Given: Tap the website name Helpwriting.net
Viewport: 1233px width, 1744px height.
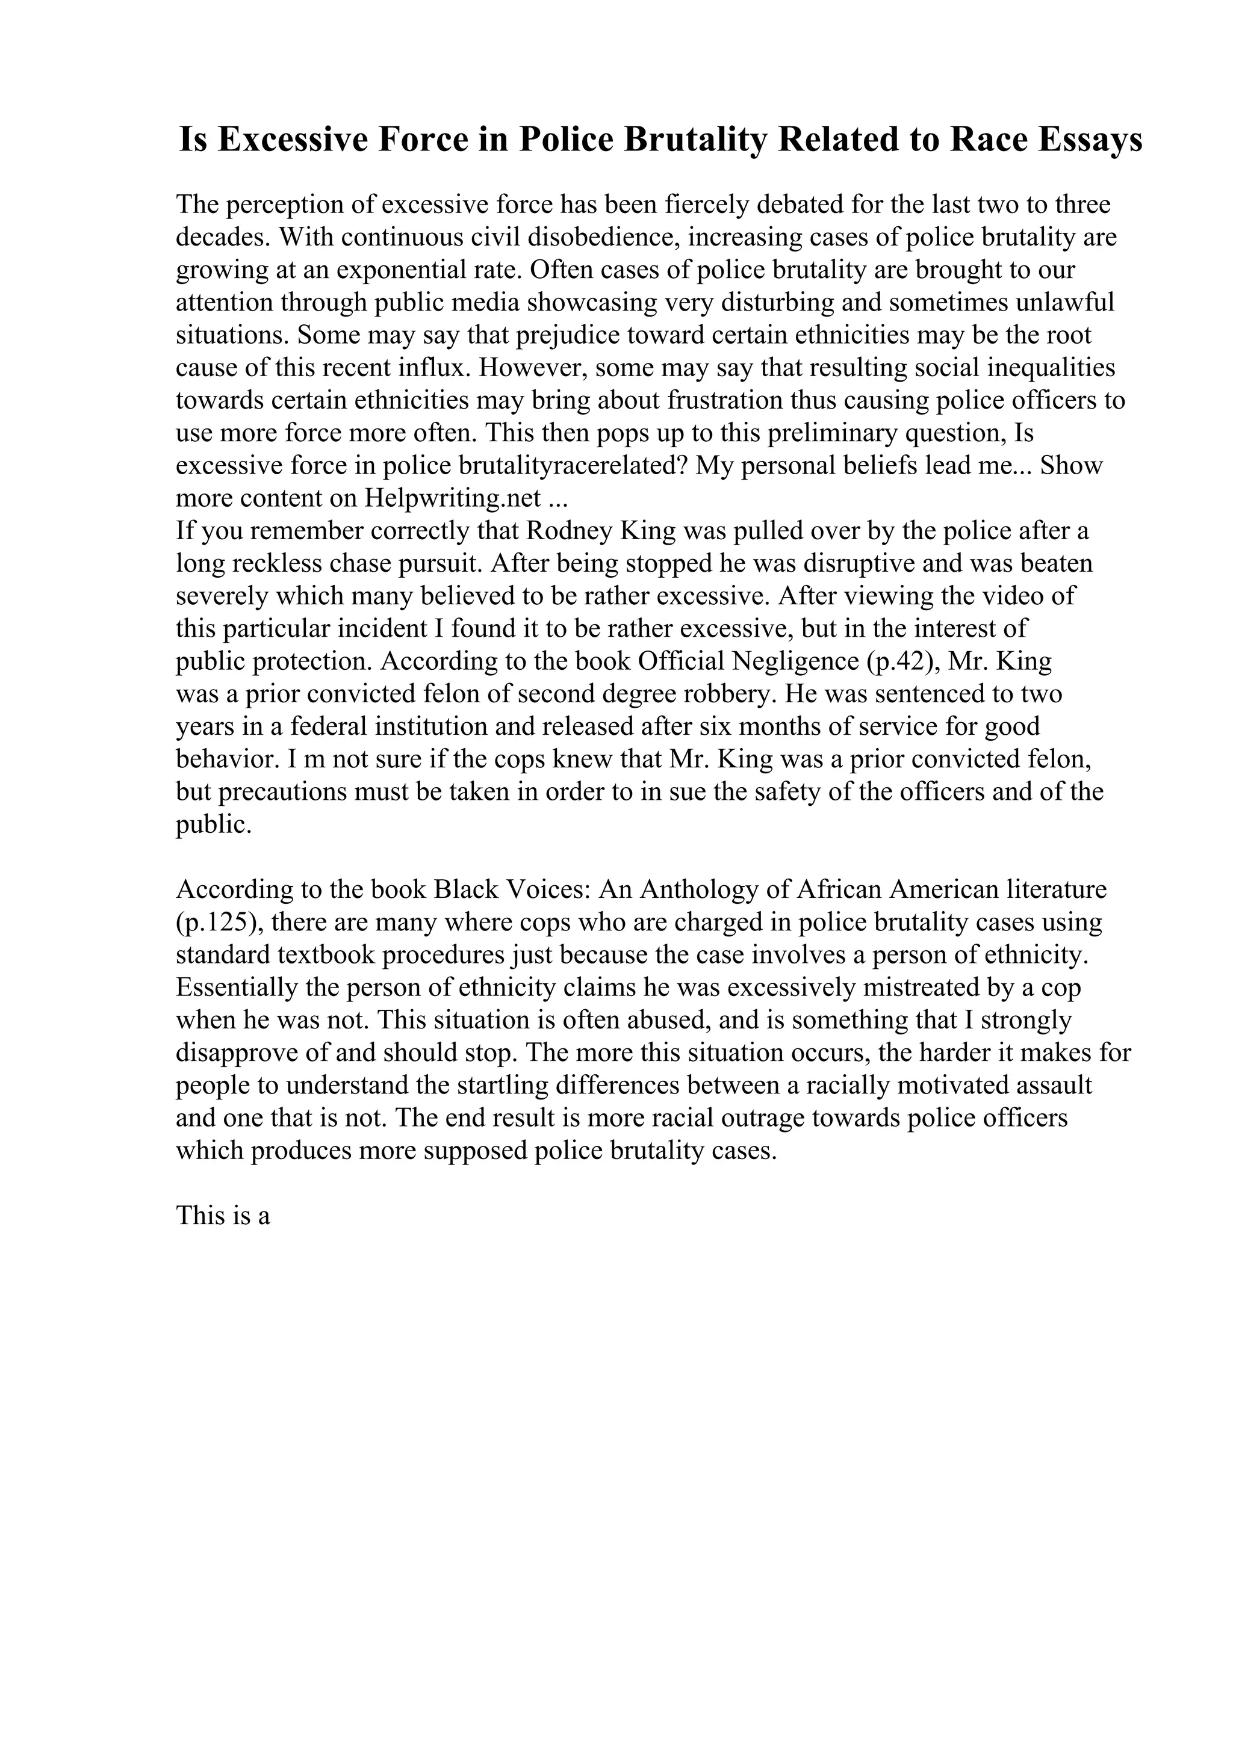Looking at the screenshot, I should pos(453,498).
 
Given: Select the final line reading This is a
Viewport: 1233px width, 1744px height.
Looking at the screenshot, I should pos(223,1216).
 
